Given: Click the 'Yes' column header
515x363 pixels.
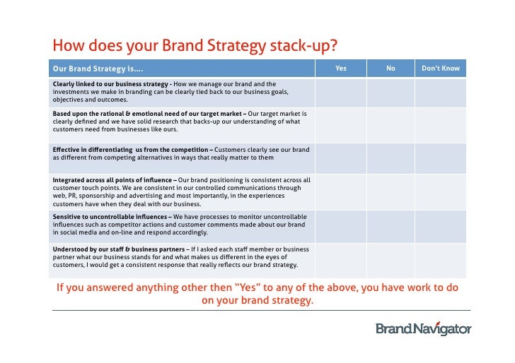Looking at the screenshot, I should (341, 69).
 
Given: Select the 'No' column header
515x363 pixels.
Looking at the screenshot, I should (390, 69).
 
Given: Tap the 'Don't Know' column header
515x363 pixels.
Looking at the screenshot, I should (441, 69).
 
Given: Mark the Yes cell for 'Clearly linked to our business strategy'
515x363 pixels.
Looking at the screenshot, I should (341, 92).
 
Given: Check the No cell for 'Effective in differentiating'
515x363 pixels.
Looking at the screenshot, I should (390, 157).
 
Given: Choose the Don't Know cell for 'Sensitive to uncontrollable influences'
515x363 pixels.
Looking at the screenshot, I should (441, 225).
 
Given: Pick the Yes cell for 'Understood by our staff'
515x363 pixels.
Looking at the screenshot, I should (341, 258).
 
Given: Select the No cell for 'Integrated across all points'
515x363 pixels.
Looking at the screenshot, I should (390, 191).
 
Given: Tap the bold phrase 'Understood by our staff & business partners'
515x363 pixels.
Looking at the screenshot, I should (117, 249).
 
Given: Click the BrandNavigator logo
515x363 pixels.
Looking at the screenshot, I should (423, 328).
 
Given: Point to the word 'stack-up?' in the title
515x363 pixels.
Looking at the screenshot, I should (301, 47).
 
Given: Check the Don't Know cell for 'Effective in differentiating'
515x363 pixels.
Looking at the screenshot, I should (441, 157).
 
